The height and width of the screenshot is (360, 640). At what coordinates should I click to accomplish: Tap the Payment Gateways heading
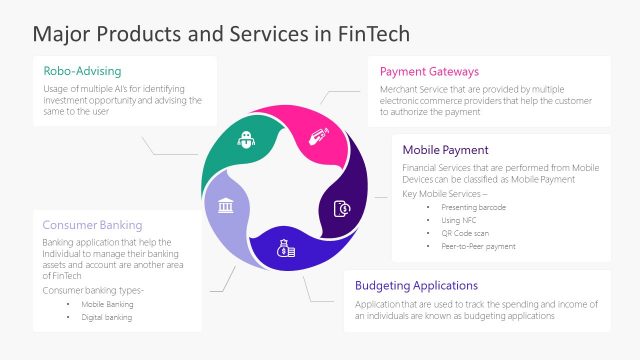pos(429,72)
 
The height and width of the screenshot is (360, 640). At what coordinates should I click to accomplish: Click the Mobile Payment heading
pos(445,150)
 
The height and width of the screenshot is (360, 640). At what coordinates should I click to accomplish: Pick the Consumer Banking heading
pos(92,225)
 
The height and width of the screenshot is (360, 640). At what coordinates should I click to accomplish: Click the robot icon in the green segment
pos(246,141)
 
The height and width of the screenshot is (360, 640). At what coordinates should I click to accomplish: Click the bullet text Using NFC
pos(459,219)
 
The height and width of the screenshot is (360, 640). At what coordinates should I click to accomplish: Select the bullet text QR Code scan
pos(464,232)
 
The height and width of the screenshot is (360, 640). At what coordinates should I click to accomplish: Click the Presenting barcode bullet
pos(471,206)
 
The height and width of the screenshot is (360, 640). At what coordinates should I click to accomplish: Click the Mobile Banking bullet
pos(107,303)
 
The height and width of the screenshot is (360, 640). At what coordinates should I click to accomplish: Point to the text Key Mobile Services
pos(438,192)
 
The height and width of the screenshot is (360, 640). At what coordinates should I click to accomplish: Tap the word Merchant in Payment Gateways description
pos(398,89)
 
